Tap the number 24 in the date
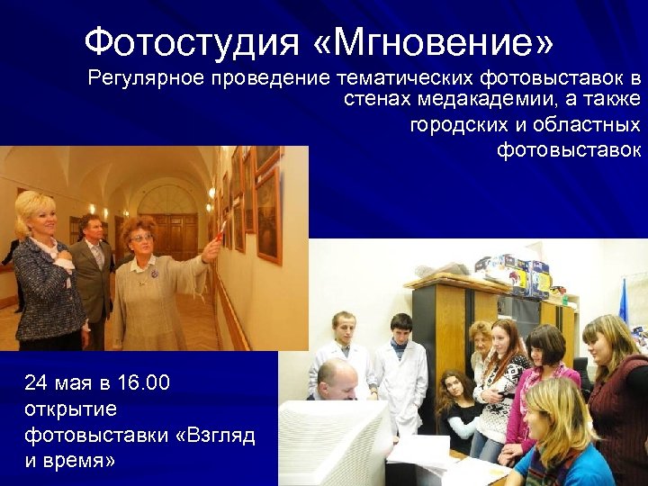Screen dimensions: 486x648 click(36, 383)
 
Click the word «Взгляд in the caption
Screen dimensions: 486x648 click(214, 436)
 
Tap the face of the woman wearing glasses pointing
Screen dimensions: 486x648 click(142, 237)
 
